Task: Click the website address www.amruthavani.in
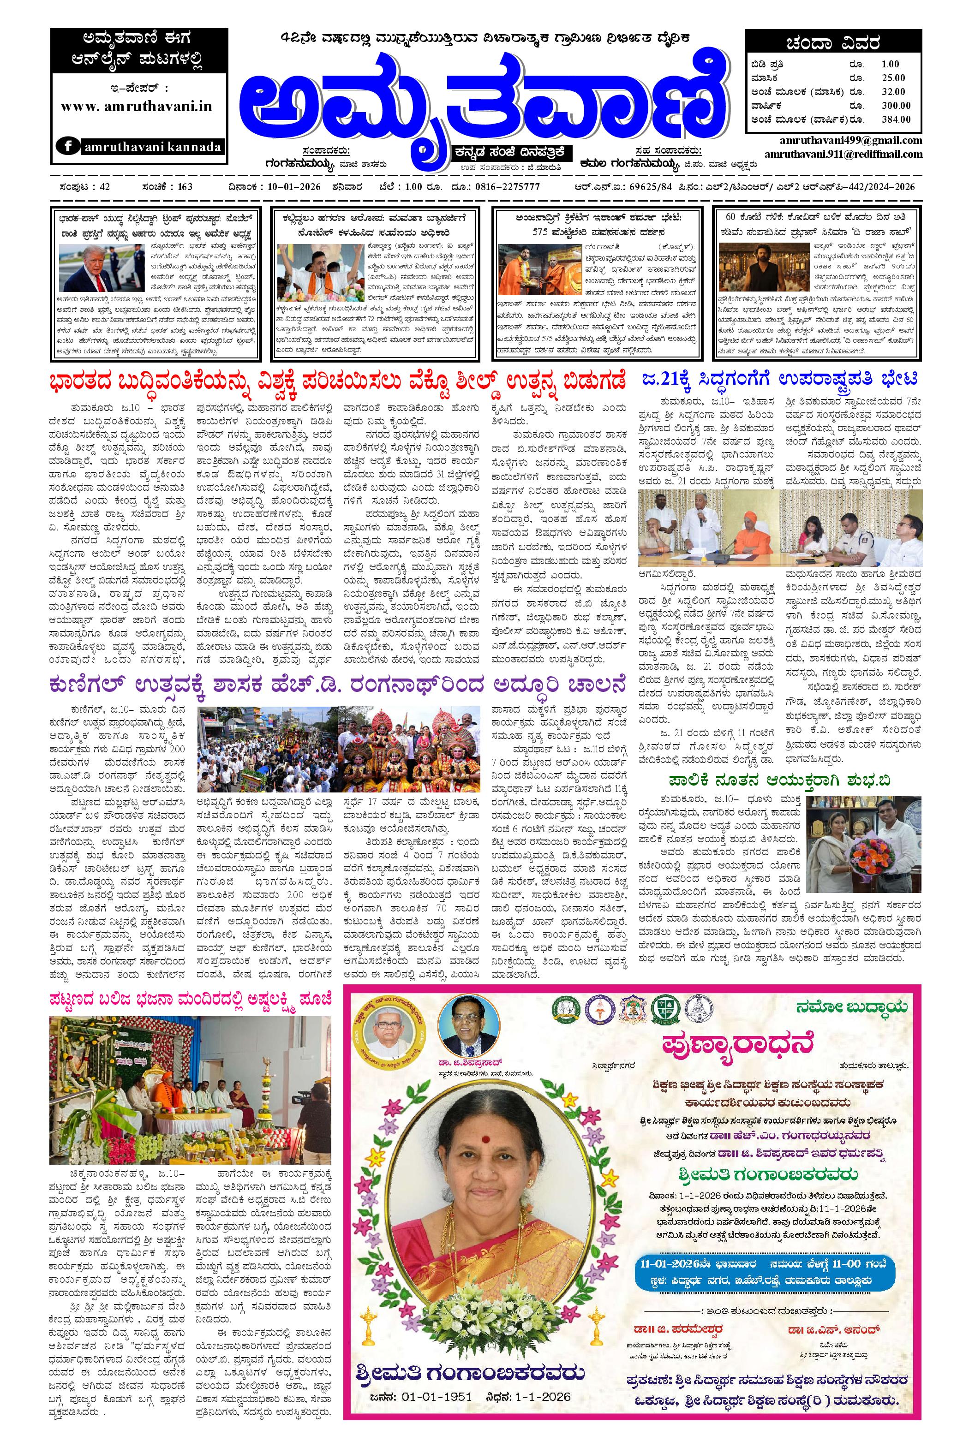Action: [x=136, y=106]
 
